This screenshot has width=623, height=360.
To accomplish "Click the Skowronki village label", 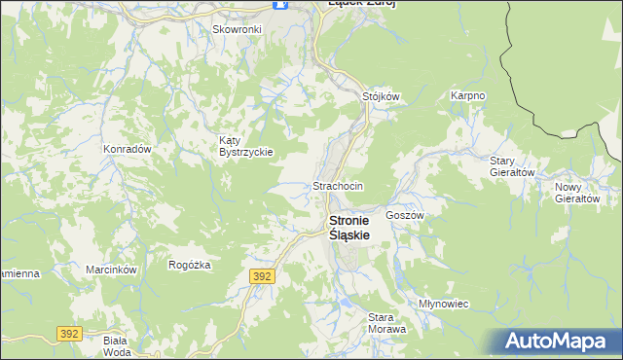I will [238, 29].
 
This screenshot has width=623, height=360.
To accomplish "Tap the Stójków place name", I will [382, 96].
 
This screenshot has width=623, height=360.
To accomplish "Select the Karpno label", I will [467, 96].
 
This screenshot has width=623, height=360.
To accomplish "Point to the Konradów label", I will [128, 149].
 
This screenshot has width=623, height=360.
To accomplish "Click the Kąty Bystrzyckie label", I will [246, 146].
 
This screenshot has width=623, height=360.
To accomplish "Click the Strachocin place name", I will [338, 186].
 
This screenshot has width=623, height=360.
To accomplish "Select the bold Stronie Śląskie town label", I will [356, 228].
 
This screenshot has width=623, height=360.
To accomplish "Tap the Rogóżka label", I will [190, 264].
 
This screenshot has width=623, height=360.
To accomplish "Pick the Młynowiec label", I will [444, 304].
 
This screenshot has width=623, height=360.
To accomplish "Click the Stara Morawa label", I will [386, 323].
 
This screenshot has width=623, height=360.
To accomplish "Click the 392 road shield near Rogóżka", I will [262, 276].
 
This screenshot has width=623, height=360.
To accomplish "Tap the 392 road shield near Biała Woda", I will [68, 334].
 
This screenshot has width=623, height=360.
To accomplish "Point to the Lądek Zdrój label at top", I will [361, 4].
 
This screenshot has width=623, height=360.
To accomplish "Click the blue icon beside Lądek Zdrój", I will [281, 4].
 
